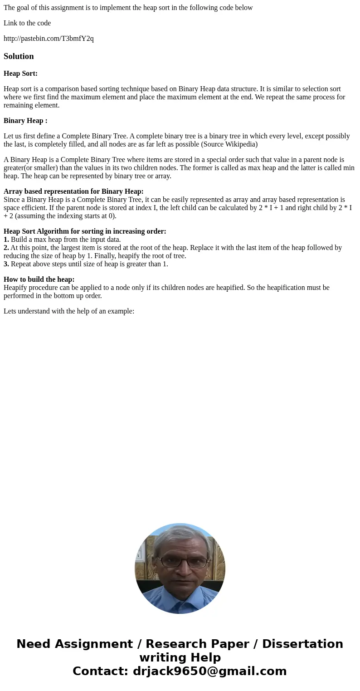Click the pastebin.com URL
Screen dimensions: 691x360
(x=49, y=39)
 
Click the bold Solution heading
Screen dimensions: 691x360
(x=19, y=56)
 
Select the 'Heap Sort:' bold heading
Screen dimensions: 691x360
(x=20, y=74)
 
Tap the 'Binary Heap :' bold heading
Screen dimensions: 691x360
(x=25, y=121)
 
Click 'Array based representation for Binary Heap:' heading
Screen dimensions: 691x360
(x=73, y=191)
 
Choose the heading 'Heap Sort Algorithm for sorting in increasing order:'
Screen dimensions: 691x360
(x=85, y=231)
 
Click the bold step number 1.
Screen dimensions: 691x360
(x=6, y=240)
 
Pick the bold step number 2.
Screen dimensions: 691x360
(x=6, y=248)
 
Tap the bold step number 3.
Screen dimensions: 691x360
(x=6, y=264)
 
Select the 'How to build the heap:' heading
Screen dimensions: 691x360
(x=39, y=279)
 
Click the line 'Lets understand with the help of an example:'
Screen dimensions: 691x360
(x=69, y=311)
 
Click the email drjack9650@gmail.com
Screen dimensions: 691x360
(x=209, y=671)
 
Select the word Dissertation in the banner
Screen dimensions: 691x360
(x=302, y=644)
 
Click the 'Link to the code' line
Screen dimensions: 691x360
(x=27, y=23)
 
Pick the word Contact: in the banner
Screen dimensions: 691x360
(x=101, y=671)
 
